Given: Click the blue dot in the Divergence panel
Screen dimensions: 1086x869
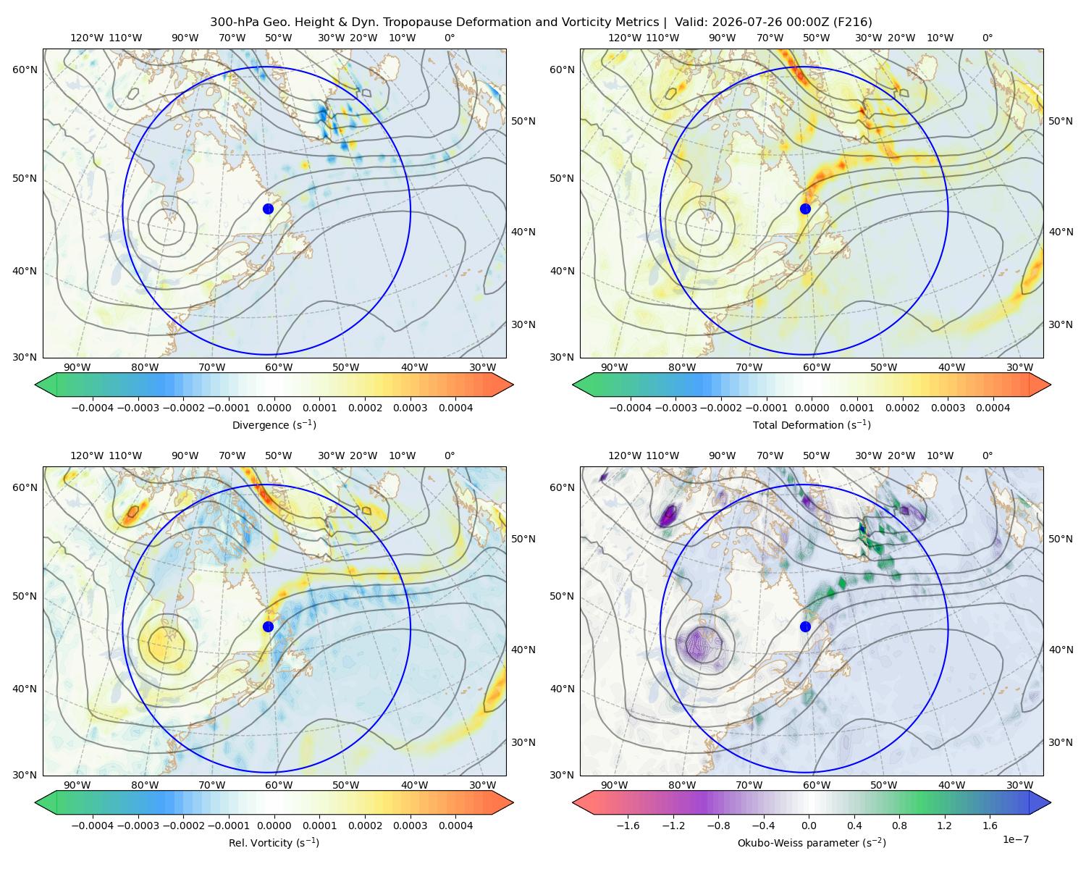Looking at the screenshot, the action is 268,209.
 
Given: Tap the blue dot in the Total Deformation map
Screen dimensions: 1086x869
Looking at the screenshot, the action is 805,209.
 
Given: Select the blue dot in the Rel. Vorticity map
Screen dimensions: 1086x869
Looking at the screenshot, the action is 268,626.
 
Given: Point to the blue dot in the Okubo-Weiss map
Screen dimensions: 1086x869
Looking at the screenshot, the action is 805,626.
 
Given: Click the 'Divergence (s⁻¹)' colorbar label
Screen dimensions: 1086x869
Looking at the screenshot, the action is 274,425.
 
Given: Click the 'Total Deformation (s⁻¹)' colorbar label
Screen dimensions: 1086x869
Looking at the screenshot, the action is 812,425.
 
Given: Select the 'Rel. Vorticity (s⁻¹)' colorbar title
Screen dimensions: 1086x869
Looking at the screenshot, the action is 274,843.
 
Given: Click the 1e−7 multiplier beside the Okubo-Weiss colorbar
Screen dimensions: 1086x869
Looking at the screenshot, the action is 1015,839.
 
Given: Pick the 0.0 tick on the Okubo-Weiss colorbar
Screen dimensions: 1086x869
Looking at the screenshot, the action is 809,826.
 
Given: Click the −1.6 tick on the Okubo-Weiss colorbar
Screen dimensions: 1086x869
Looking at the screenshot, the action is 628,826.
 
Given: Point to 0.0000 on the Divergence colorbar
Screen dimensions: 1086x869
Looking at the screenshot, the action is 274,408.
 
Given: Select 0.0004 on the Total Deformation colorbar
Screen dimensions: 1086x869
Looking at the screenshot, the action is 993,408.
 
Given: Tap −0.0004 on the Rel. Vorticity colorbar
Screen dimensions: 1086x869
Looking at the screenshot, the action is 93,826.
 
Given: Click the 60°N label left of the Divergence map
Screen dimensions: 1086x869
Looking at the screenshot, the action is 25,70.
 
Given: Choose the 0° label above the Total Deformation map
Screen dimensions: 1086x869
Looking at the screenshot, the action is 987,38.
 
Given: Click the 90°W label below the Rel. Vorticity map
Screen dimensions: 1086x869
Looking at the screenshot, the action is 77,785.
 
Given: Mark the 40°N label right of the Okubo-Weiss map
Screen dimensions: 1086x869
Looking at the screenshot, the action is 1061,650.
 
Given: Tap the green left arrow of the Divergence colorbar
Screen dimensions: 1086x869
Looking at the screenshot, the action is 46,385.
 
